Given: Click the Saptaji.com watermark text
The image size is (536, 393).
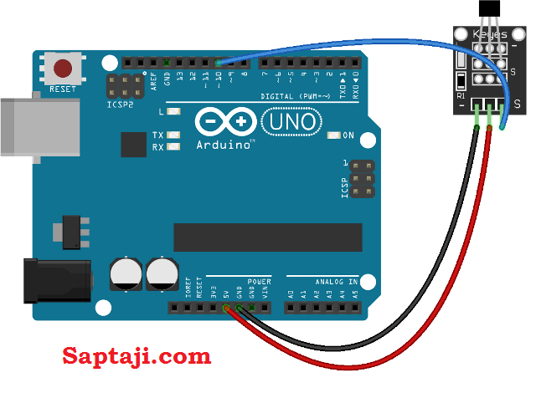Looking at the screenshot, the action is pos(137,356).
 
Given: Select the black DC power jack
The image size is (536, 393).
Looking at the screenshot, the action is pos(55,279).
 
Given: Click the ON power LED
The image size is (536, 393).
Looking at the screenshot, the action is pos(334,135).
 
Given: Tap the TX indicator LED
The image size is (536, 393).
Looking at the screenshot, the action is pos(174,135).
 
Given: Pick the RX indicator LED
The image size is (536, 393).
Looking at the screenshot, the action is pos(174,147).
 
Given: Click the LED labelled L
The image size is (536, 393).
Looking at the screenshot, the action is pos(174,111).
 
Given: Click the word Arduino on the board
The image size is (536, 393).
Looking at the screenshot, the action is pos(224,144).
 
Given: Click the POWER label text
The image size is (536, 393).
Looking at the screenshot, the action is pos(260,282).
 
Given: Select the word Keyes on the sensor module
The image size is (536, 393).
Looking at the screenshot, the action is pos(490,34).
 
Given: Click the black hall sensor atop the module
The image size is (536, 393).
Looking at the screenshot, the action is pos(487,10).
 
